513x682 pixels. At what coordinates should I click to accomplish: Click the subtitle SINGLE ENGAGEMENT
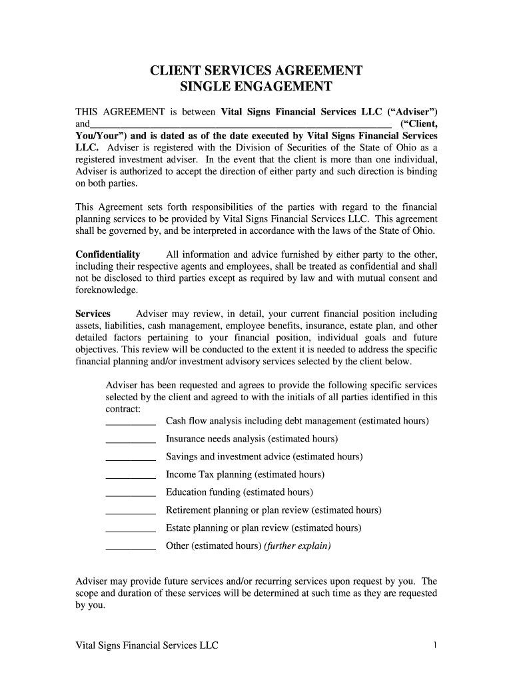256,87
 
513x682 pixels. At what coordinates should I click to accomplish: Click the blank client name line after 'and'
240,124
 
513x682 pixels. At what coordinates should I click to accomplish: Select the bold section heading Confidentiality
108,254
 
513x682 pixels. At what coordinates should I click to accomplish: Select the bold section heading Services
93,313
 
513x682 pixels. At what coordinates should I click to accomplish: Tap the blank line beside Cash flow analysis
131,422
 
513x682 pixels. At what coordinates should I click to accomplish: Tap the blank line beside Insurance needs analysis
131,440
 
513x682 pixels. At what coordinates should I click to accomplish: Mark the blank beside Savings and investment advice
131,458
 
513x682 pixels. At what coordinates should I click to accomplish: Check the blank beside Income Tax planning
131,476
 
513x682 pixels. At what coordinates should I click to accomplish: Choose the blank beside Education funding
131,494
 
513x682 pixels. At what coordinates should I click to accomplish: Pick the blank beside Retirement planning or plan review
131,511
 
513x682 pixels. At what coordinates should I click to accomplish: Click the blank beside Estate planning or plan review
131,529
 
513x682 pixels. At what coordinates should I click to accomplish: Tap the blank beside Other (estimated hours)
131,547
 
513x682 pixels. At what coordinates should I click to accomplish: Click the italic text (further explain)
297,546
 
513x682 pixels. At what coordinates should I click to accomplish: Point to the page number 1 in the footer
434,645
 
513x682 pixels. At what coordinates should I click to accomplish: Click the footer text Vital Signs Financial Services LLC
147,646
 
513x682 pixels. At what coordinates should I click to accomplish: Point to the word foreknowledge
107,290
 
